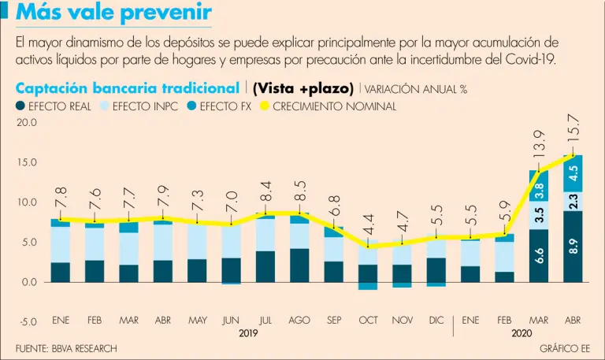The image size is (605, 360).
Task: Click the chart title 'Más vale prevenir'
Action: pyautogui.click(x=113, y=13)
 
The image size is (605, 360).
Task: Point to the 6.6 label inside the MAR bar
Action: pyautogui.click(x=539, y=254)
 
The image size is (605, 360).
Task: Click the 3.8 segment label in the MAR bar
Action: pyautogui.click(x=539, y=190)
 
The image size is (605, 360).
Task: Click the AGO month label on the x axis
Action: pyautogui.click(x=299, y=321)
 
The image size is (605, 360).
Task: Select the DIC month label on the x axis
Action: pyautogui.click(x=436, y=321)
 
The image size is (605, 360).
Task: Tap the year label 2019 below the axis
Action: pyautogui.click(x=248, y=334)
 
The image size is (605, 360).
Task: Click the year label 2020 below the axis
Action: pyautogui.click(x=521, y=334)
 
